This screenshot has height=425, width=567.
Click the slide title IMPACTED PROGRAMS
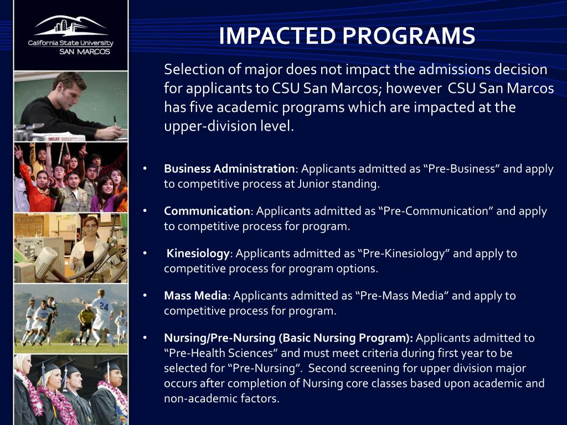347,36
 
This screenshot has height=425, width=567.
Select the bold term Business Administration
229,169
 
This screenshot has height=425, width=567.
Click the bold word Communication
207,211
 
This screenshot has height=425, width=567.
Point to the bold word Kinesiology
198,253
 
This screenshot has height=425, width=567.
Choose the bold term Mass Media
195,296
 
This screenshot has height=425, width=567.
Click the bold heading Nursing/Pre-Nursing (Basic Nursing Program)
288,338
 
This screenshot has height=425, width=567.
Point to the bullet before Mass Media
145,296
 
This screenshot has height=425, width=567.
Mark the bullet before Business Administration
145,169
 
